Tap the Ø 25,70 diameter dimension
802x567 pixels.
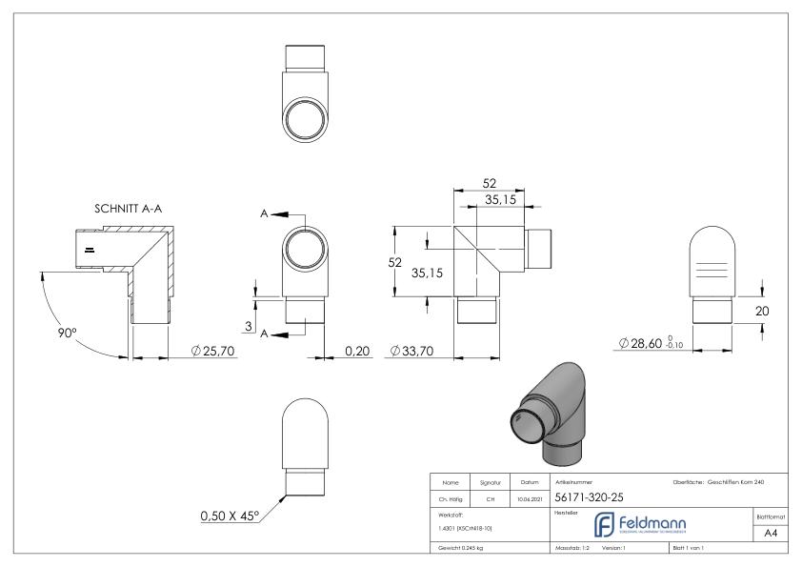point(212,353)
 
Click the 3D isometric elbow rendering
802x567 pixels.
point(550,406)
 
